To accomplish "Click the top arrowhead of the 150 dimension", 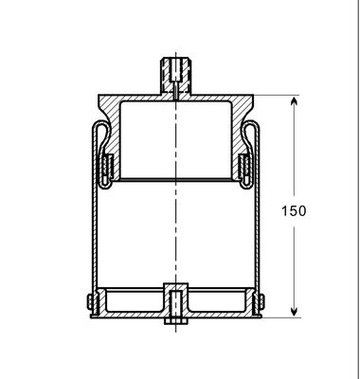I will click(x=296, y=101).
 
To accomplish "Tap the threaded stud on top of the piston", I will click(x=176, y=71).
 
